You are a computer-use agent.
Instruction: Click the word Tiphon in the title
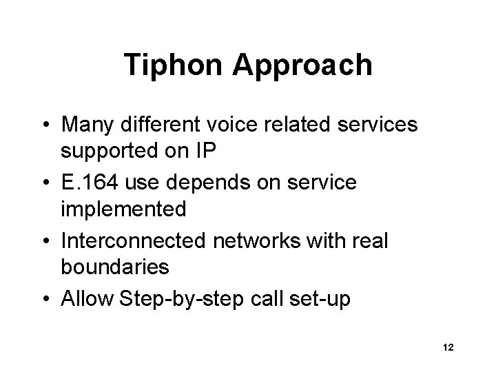tap(174, 65)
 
